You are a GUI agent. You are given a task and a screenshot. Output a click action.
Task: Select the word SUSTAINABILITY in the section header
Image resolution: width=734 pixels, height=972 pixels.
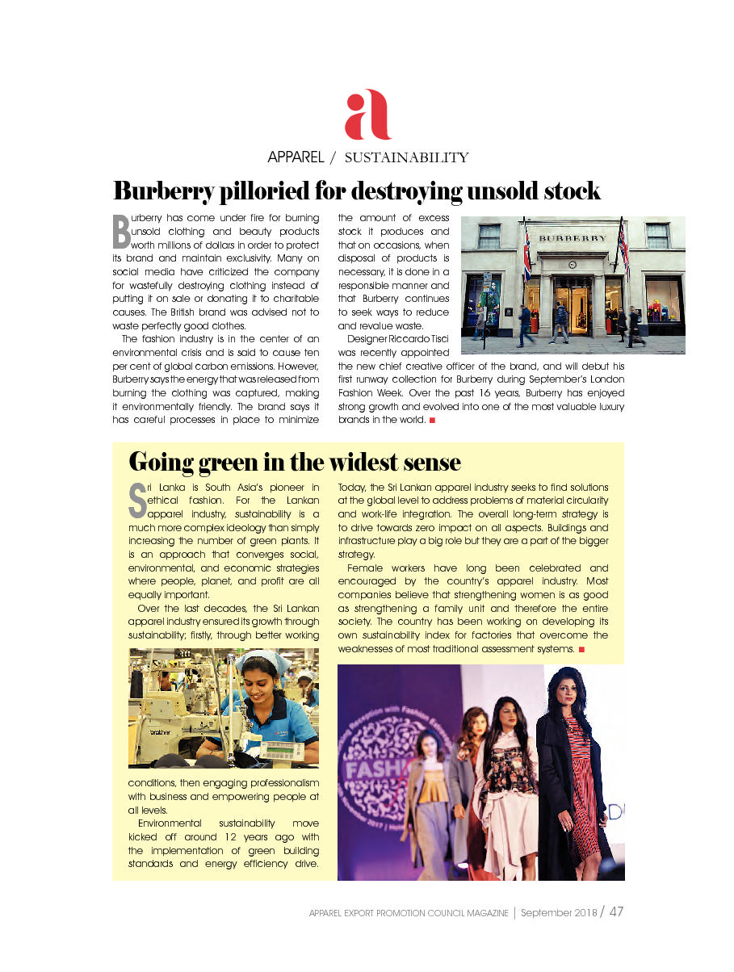click(x=406, y=157)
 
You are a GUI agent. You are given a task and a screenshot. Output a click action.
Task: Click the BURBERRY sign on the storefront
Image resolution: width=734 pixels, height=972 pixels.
click(x=573, y=239)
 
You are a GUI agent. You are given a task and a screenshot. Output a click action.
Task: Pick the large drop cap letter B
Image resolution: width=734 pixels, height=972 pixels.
click(x=120, y=231)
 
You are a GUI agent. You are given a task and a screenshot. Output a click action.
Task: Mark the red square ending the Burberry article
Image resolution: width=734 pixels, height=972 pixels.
click(x=432, y=421)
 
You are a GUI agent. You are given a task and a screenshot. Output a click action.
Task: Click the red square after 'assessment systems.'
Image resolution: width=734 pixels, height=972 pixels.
click(x=581, y=649)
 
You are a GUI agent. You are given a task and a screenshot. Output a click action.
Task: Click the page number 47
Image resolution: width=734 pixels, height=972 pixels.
click(x=616, y=912)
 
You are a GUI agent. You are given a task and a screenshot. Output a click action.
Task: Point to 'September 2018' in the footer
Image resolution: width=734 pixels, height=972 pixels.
click(x=558, y=913)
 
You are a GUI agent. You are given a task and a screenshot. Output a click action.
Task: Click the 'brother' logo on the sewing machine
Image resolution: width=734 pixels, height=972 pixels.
click(x=166, y=730)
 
